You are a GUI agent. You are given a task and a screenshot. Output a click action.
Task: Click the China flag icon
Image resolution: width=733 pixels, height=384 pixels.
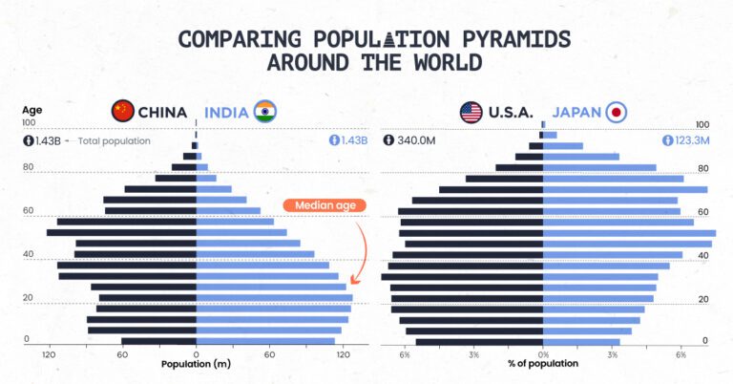[123, 111]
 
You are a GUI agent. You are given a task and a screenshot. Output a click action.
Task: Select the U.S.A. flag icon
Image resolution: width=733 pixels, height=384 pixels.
[471, 112]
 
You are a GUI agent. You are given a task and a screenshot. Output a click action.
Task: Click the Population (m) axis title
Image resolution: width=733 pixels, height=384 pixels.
[196, 364]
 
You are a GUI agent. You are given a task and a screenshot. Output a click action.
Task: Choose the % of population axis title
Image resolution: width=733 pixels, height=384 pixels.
[543, 364]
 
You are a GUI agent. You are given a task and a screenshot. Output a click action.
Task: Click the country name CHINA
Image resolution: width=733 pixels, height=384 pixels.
[162, 112]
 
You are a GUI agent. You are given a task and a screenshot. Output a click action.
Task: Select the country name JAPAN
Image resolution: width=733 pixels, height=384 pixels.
[577, 112]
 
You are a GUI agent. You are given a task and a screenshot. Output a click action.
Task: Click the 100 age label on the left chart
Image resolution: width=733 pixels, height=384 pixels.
[29, 122]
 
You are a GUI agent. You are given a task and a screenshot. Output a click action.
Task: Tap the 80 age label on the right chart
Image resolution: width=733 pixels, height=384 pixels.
[702, 169]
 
